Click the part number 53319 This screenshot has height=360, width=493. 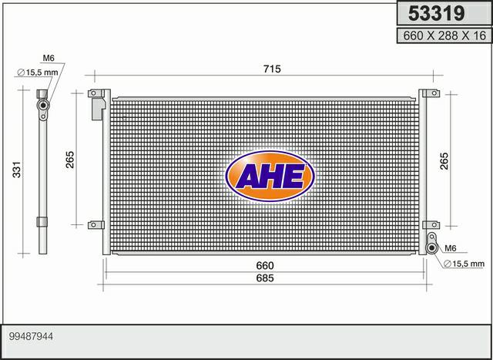click(x=436, y=14)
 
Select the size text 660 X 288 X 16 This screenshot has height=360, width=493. click(x=444, y=35)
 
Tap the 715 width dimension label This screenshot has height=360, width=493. click(x=272, y=69)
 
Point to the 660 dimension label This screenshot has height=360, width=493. click(x=265, y=266)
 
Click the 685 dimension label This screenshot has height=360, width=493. click(x=265, y=278)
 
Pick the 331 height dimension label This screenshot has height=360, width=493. click(x=17, y=170)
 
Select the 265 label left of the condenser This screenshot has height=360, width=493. click(x=70, y=160)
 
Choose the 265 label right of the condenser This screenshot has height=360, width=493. click(x=444, y=161)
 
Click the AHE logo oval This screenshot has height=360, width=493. click(x=270, y=176)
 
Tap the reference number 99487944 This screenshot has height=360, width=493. click(x=31, y=337)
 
